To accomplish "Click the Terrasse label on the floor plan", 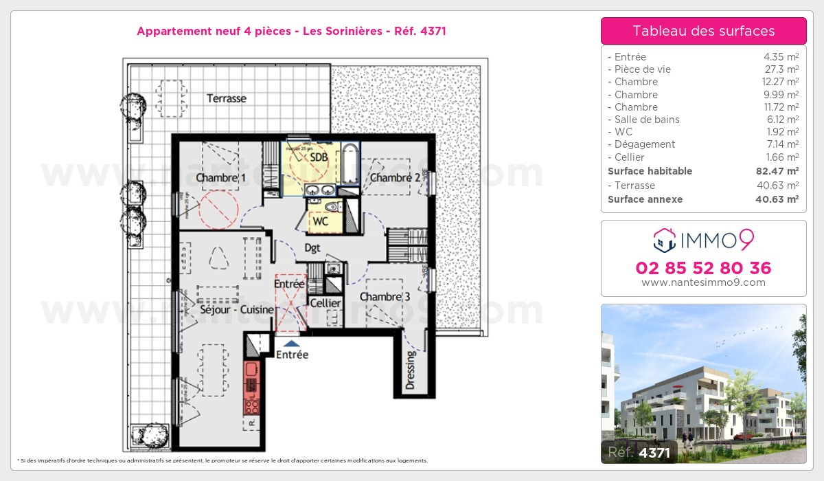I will (x=227, y=99).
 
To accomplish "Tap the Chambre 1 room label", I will (x=221, y=179).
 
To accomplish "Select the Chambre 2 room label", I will (x=395, y=179).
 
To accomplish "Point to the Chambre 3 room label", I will (x=385, y=297).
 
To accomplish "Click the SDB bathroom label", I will (x=319, y=157).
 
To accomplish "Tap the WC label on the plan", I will (x=320, y=222).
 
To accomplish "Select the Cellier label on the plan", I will (x=325, y=303).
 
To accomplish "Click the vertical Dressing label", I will (x=411, y=370).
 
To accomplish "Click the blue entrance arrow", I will (x=292, y=342).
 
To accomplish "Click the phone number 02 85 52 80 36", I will (x=703, y=268).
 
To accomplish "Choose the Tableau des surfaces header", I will (x=703, y=31).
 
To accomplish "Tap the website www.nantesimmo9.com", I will (x=703, y=282).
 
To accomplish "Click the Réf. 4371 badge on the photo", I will (x=639, y=453).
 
